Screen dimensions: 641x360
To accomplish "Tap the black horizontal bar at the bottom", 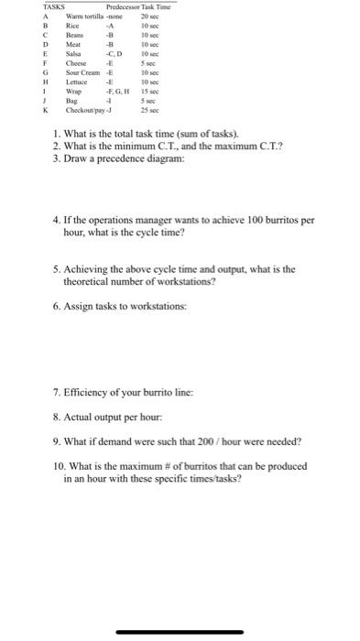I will coord(180,632).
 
